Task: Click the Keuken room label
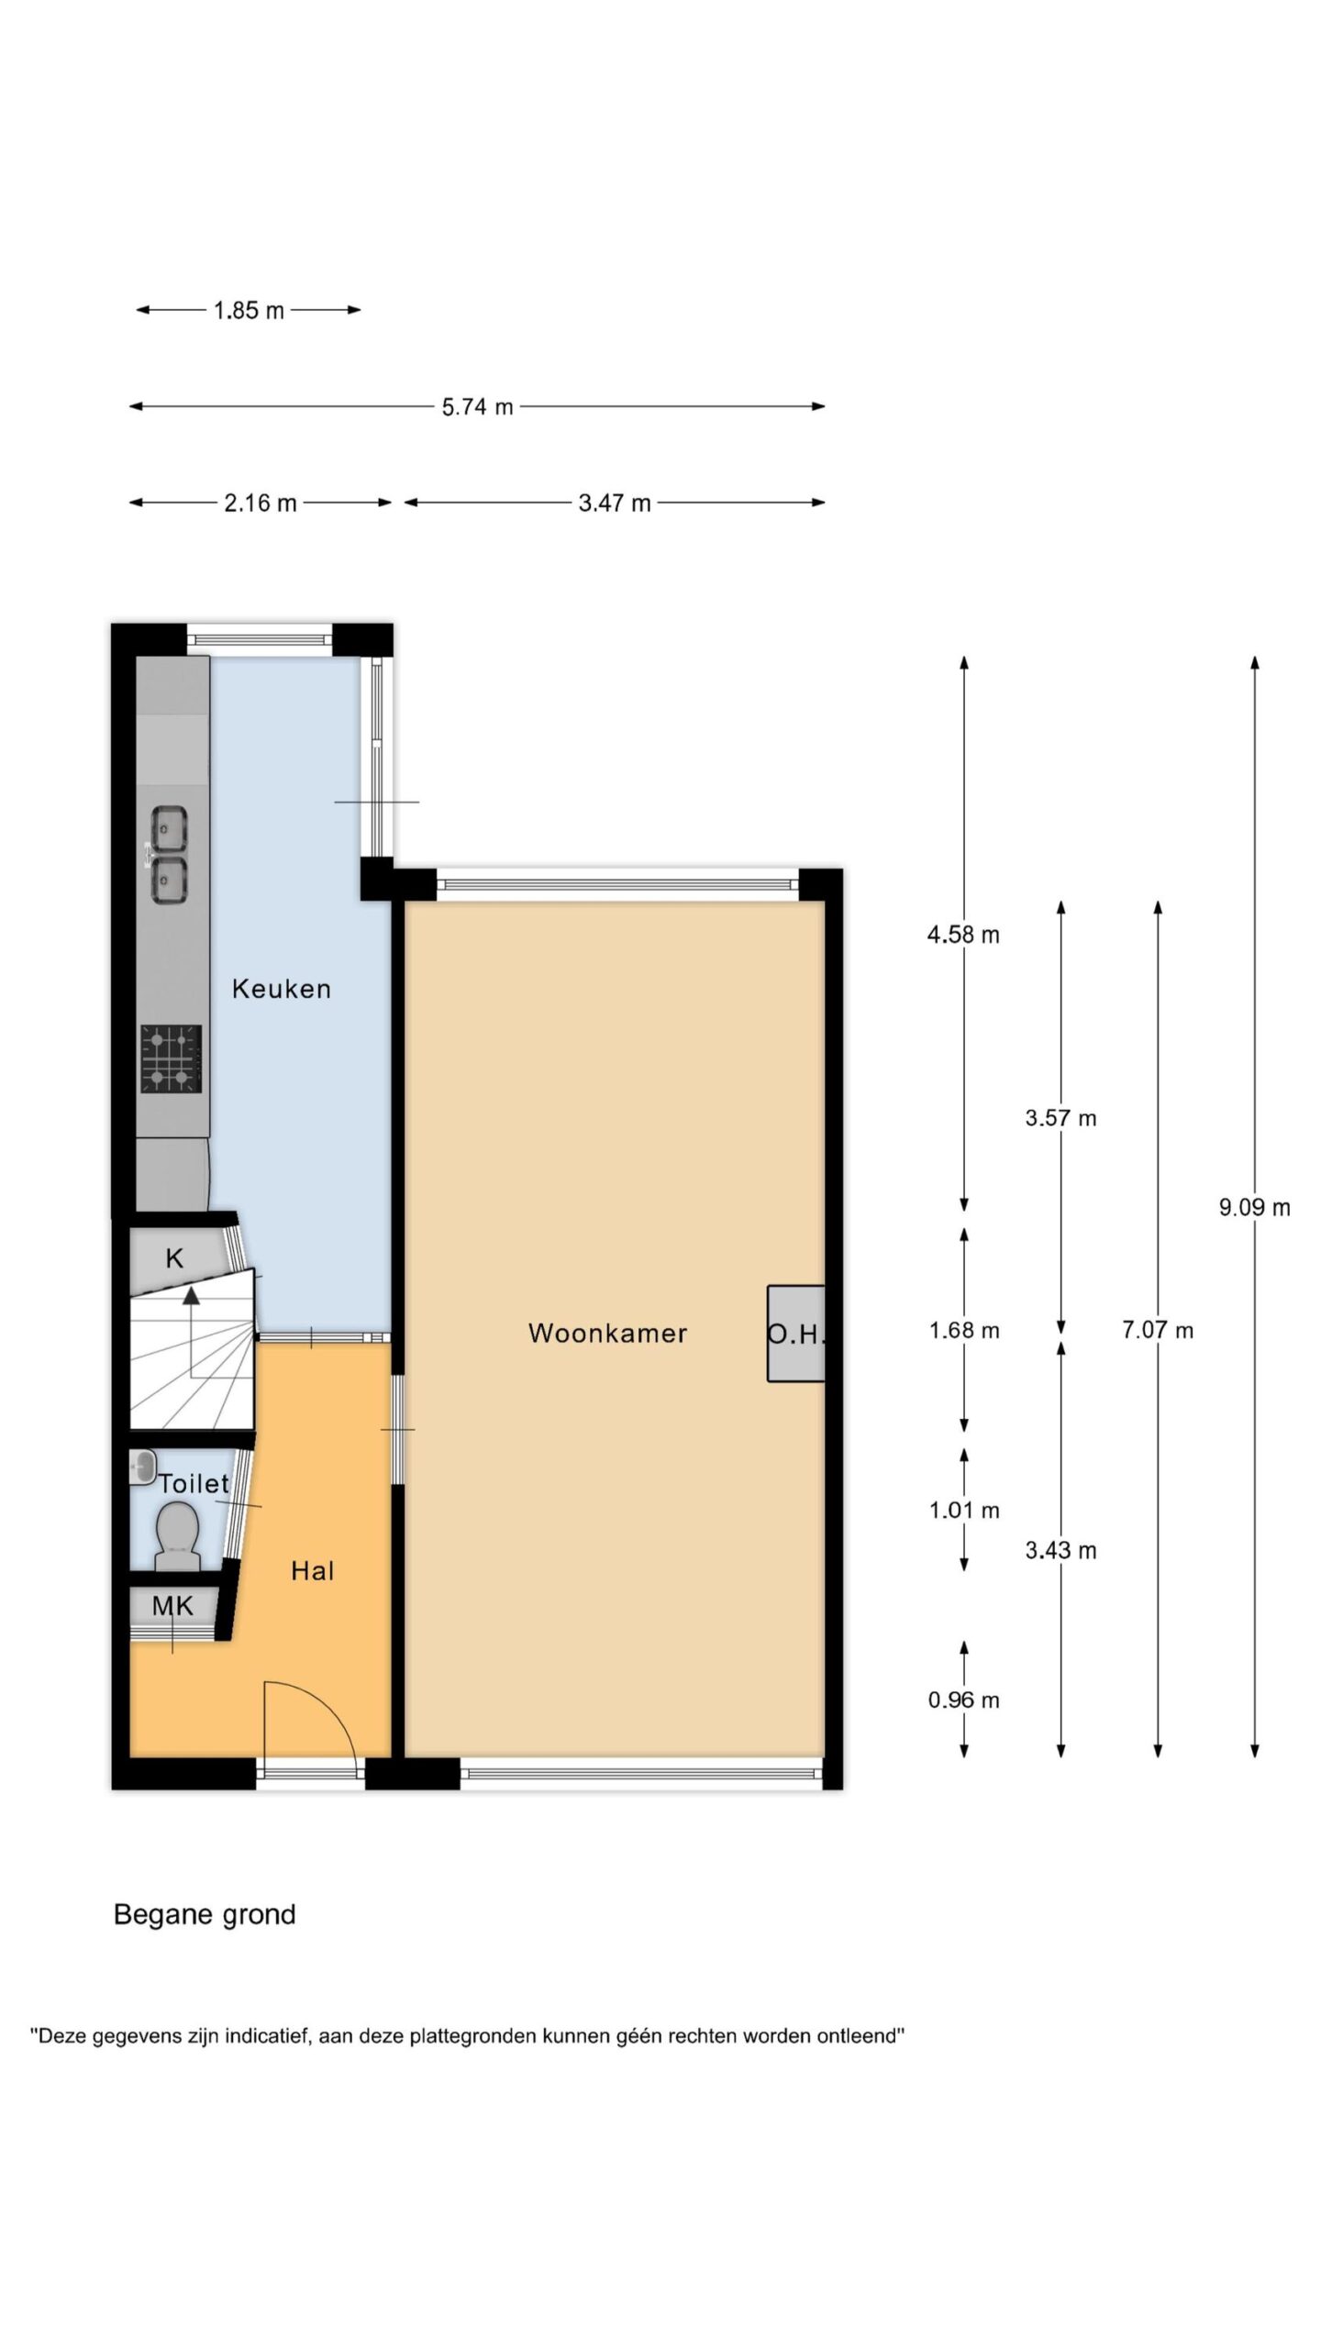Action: click(281, 989)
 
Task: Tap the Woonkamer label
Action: click(607, 1334)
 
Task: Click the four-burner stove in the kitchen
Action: click(171, 1058)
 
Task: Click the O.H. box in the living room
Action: click(796, 1334)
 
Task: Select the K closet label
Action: click(174, 1258)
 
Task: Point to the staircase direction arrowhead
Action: click(192, 1295)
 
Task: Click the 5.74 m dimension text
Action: click(477, 407)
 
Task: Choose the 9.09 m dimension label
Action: click(1254, 1208)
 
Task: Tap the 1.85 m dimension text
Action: click(249, 311)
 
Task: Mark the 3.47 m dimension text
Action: click(615, 504)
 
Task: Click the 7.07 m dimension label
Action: click(1158, 1330)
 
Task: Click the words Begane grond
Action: click(205, 1915)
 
